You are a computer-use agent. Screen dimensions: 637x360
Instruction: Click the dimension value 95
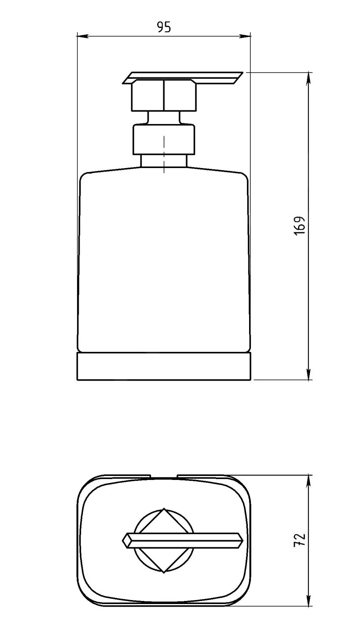click(x=164, y=27)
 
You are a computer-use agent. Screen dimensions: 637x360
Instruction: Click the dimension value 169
click(x=299, y=226)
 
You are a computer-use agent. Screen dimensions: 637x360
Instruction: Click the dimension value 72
click(x=299, y=540)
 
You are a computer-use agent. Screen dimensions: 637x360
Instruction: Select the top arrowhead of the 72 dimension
click(x=309, y=481)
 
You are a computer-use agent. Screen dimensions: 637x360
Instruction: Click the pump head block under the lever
click(x=164, y=95)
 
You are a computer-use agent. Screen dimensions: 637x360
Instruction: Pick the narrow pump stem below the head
click(x=164, y=117)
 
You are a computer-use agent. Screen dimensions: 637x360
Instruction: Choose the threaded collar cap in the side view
click(x=164, y=139)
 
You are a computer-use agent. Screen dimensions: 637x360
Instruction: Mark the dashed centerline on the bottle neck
click(x=164, y=154)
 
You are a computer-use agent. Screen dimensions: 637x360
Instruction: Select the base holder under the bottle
click(x=164, y=366)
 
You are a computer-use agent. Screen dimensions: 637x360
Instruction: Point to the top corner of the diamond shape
click(x=164, y=509)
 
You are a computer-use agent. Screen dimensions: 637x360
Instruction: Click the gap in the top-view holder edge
click(x=164, y=476)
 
